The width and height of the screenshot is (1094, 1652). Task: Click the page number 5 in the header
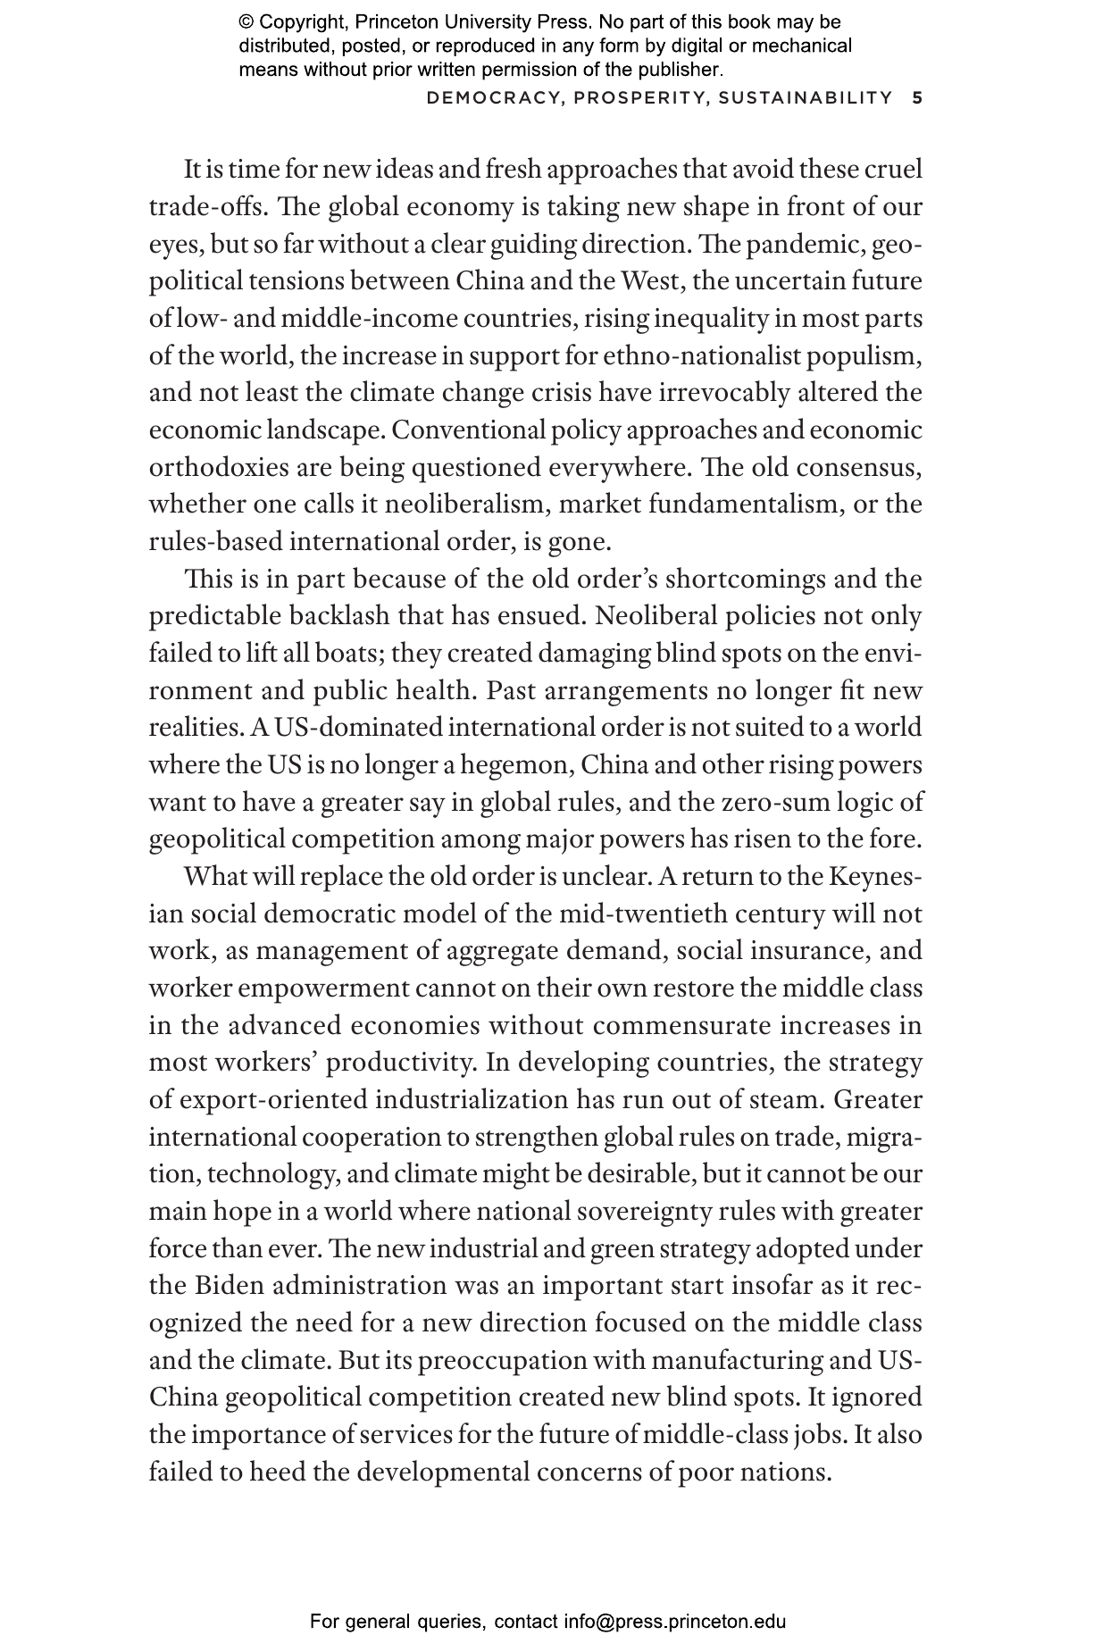coord(917,97)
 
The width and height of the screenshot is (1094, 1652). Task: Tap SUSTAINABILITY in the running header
coord(806,97)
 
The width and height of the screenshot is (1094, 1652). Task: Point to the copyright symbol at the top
coord(246,22)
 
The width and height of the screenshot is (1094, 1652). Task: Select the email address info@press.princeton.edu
coord(674,1622)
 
